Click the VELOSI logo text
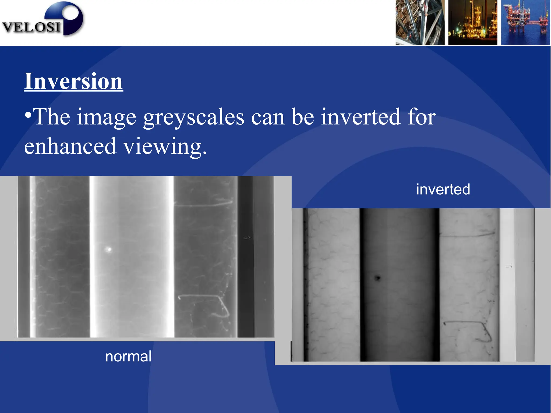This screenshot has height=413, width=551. pyautogui.click(x=31, y=27)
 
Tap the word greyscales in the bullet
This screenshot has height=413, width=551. pyautogui.click(x=194, y=117)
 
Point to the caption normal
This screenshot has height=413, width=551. pyautogui.click(x=128, y=357)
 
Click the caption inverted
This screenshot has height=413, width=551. pyautogui.click(x=443, y=189)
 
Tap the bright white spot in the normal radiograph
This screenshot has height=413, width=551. pyautogui.click(x=109, y=249)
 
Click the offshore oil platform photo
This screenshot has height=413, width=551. pyautogui.click(x=525, y=22)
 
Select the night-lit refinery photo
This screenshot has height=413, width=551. pyautogui.click(x=473, y=22)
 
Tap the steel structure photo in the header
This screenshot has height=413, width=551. pyautogui.click(x=420, y=22)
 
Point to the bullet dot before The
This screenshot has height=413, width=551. pyautogui.click(x=27, y=116)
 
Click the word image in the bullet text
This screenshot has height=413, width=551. pyautogui.click(x=107, y=117)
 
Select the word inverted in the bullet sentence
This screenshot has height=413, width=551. pyautogui.click(x=361, y=117)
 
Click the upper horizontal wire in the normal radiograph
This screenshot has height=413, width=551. pyautogui.click(x=204, y=204)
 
